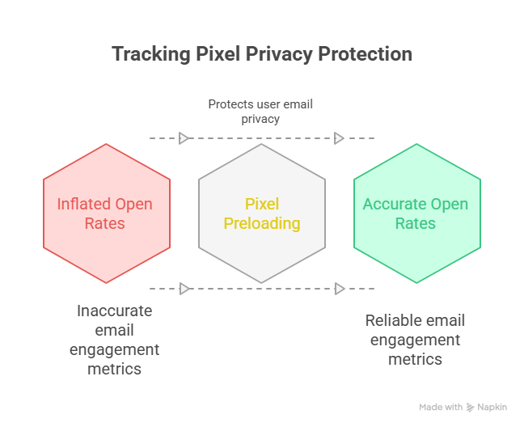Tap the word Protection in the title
365,54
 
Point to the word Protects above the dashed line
232,104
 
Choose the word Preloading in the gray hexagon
262,223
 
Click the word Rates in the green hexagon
415,223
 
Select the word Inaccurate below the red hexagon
114,311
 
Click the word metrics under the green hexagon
415,359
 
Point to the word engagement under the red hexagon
114,349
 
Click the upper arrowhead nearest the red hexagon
184,138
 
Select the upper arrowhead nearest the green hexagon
340,138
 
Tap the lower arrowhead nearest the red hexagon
184,288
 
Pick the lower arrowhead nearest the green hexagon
340,288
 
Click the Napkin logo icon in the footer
471,408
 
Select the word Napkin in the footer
492,408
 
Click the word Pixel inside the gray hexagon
262,204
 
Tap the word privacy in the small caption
260,119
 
